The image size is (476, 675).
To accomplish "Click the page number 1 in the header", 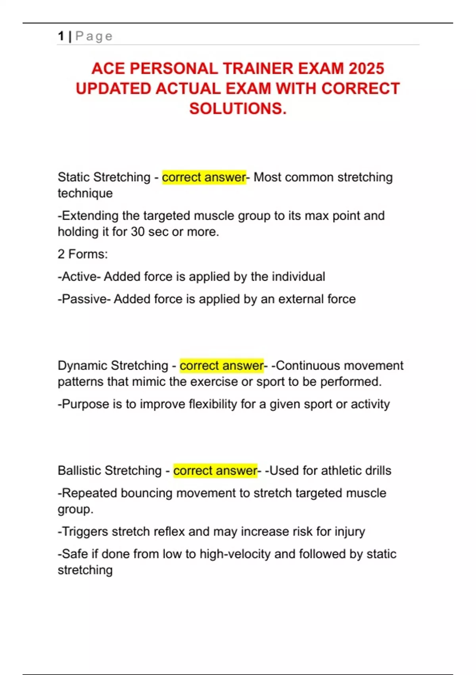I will click(61, 36).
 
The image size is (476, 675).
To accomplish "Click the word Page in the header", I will click(94, 36).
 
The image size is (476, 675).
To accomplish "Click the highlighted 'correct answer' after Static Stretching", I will click(204, 177).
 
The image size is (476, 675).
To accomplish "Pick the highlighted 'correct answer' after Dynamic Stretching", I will click(221, 365).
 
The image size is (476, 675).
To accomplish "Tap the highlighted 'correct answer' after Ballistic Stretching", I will click(215, 471).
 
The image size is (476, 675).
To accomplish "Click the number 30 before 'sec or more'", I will click(138, 231).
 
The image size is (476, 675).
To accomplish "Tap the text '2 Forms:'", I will click(83, 254).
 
